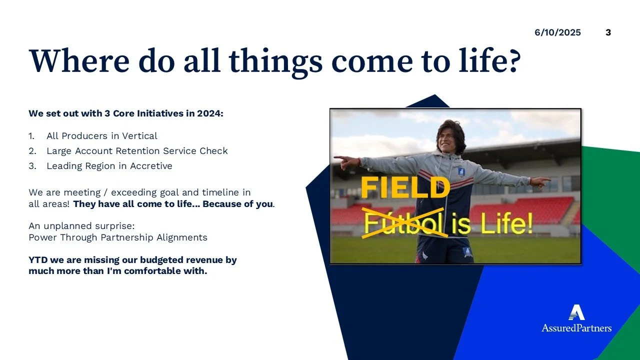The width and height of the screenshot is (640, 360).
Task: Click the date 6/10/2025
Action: (x=557, y=32)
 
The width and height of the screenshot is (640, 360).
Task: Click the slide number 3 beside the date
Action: (x=608, y=32)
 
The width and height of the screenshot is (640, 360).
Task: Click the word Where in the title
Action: (x=79, y=60)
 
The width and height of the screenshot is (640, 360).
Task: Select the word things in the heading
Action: (x=275, y=63)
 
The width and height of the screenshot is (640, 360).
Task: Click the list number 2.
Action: (x=32, y=151)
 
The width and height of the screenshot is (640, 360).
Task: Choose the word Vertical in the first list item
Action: (x=139, y=135)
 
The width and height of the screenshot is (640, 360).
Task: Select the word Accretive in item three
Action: (x=151, y=165)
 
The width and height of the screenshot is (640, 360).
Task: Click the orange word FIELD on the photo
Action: (x=405, y=187)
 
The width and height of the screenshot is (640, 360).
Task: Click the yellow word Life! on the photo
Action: (x=507, y=223)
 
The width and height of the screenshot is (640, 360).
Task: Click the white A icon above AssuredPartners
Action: (x=576, y=312)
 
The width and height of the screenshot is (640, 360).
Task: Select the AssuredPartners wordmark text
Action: (x=576, y=327)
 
